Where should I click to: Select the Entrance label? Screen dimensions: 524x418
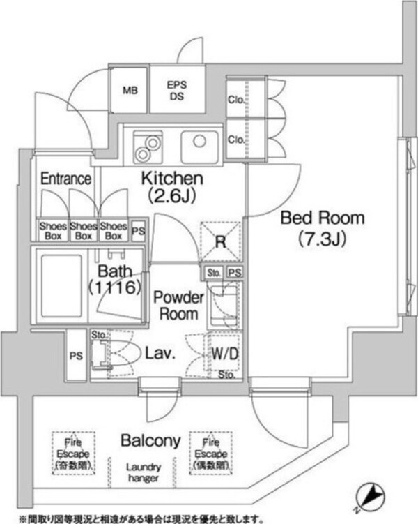65,179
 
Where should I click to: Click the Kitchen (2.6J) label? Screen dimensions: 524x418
173,186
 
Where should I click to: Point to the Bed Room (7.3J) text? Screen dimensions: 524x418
322,227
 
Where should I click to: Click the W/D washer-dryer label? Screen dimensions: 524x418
225,354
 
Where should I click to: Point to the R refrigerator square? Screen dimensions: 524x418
220,242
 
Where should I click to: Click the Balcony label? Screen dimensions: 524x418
151,440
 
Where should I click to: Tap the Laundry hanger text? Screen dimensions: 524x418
144,472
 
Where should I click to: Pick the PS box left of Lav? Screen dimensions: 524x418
76,355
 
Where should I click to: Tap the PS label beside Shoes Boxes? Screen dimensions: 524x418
138,230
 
